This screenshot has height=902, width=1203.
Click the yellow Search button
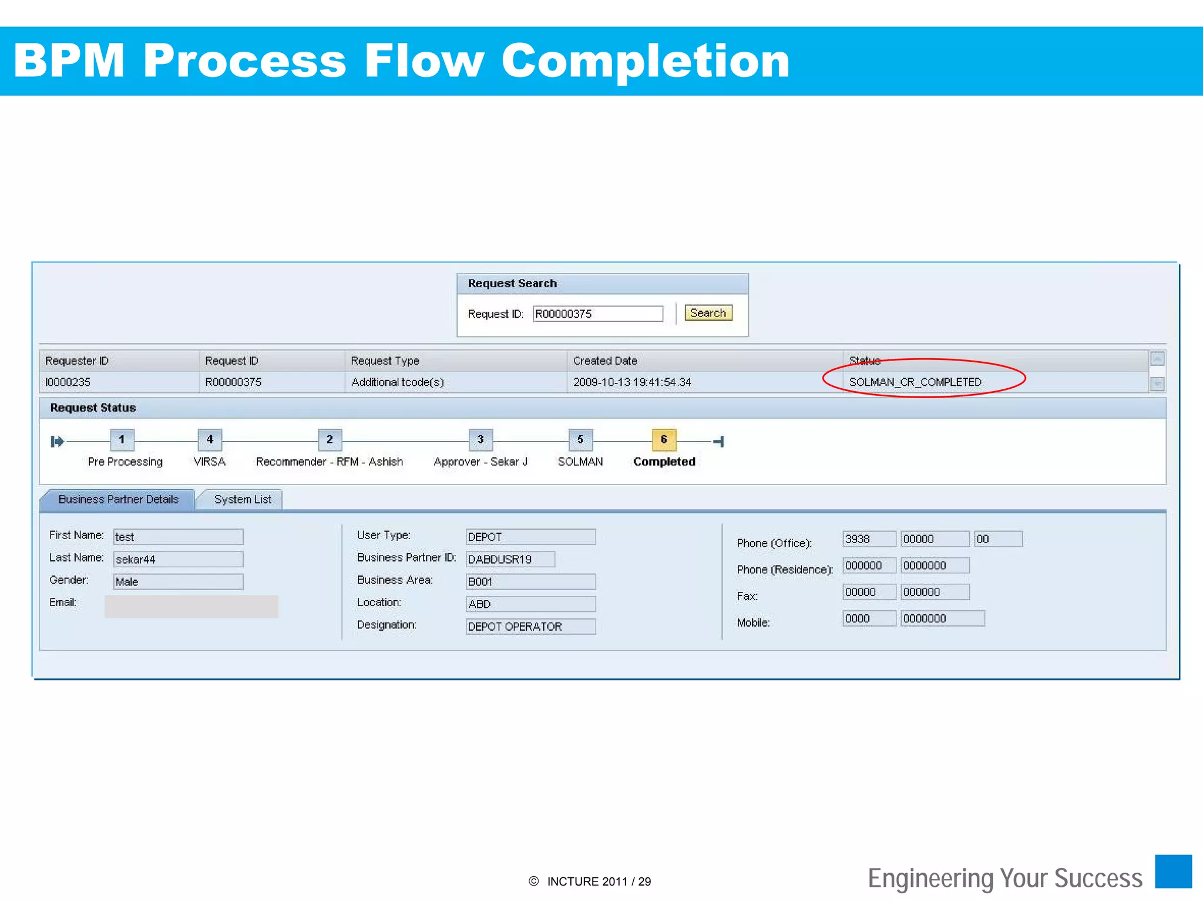708,313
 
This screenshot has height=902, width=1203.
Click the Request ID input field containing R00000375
597,314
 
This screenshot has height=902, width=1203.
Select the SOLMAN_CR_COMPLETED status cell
915,382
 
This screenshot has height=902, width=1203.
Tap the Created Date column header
605,361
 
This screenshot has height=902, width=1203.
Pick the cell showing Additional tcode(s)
397,382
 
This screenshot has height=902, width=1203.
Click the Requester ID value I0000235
68,382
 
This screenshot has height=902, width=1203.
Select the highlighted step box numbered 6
664,439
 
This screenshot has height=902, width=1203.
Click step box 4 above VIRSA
210,439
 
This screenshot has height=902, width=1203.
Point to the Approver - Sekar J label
480,462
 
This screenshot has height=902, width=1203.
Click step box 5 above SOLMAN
580,439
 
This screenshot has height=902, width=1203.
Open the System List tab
242,500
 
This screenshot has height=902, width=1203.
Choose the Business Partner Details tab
118,500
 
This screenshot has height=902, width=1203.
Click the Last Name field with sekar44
178,559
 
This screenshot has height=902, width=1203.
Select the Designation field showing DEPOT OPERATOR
530,627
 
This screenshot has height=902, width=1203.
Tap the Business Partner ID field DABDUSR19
510,559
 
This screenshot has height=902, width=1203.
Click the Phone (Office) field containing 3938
869,539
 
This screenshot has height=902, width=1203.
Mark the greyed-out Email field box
191,606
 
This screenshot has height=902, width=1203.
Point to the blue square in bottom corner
1173,871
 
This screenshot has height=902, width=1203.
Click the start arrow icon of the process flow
57,441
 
